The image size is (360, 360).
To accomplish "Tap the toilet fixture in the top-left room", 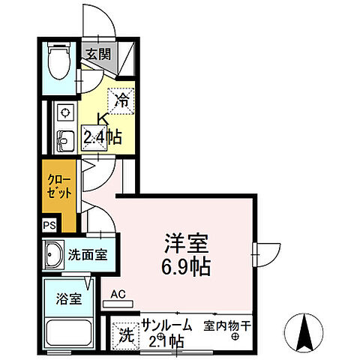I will click(x=56, y=61).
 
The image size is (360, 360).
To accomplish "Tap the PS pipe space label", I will click(x=49, y=224).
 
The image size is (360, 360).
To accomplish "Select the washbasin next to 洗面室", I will click(x=54, y=254).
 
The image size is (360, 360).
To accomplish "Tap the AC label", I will click(x=118, y=295).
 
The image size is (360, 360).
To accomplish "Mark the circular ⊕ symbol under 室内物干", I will click(x=235, y=337).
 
